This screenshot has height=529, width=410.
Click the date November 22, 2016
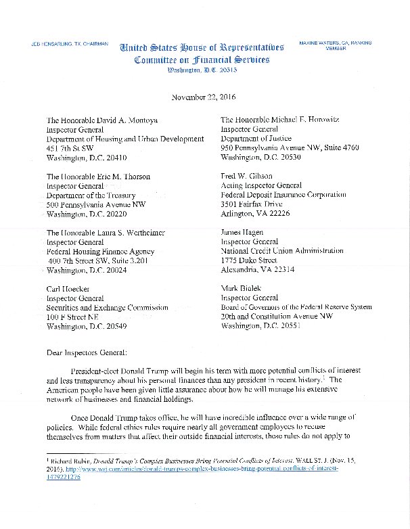tap(204, 97)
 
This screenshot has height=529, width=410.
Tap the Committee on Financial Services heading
tap(202, 60)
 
